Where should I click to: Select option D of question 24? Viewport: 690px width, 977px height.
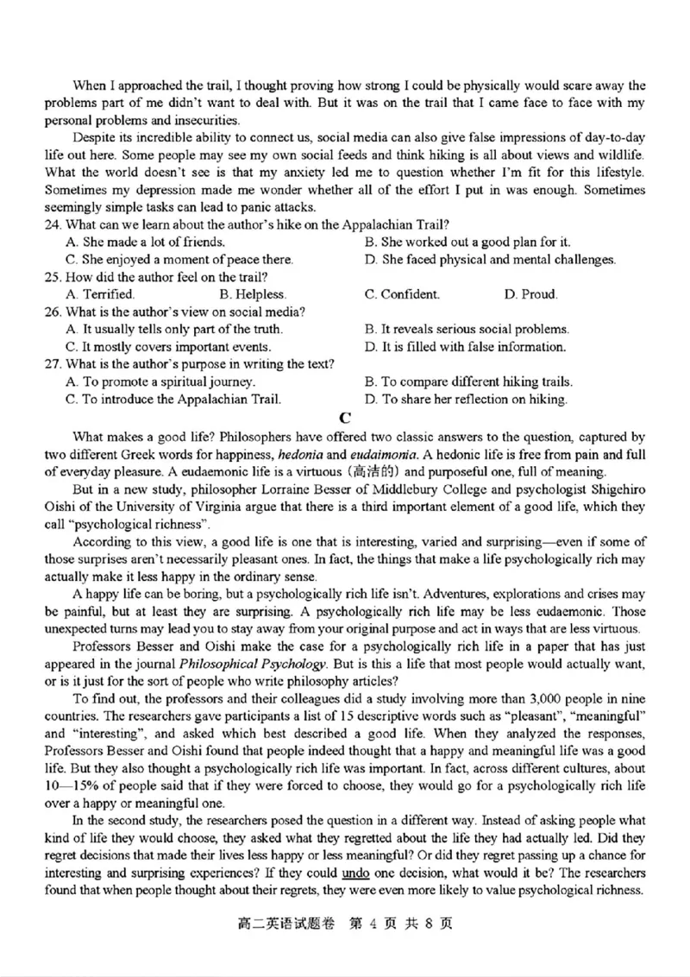(x=490, y=259)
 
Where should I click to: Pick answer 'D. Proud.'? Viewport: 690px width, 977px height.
(x=531, y=294)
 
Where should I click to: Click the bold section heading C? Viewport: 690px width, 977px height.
(x=345, y=418)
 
